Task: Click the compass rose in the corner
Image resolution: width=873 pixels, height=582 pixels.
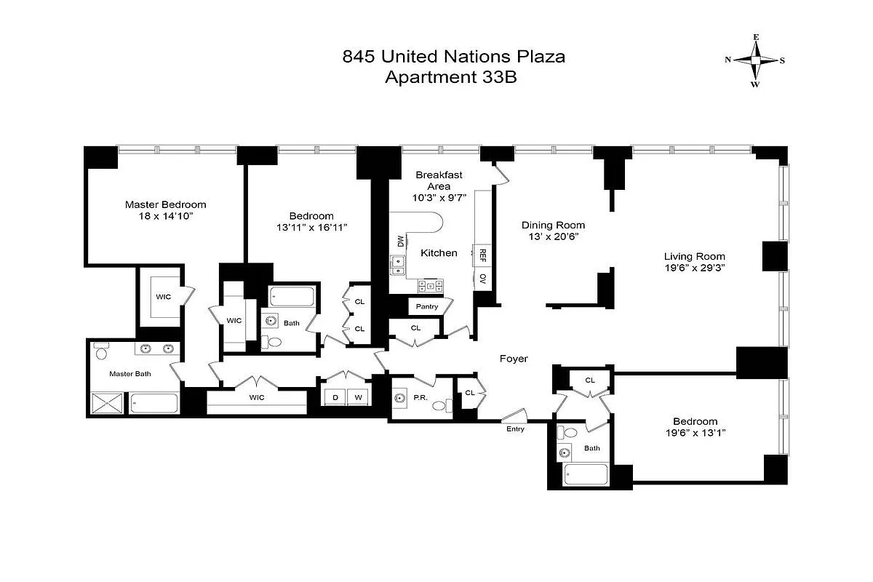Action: (755, 60)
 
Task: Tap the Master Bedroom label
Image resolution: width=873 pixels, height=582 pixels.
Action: (165, 204)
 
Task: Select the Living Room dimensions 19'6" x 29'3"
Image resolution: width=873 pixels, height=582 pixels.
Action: (694, 268)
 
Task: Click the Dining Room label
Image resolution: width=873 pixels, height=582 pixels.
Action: (553, 225)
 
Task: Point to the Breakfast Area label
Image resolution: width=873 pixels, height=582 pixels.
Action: (439, 180)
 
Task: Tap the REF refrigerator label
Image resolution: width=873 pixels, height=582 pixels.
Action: (482, 255)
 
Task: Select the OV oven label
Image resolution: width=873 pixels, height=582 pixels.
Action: (482, 279)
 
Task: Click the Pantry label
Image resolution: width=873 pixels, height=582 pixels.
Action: (427, 306)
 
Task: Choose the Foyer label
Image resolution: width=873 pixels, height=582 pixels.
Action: (513, 359)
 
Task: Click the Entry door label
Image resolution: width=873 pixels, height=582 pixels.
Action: (515, 428)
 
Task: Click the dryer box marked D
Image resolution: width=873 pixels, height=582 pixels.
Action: (335, 396)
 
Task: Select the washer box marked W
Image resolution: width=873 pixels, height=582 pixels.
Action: (359, 396)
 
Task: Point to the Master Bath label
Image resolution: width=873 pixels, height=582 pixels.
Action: (130, 374)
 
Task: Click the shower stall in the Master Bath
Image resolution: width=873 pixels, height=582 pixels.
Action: (108, 402)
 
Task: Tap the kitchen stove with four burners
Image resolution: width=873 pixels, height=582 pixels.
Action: (431, 285)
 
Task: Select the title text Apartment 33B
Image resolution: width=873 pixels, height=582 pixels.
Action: (450, 78)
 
